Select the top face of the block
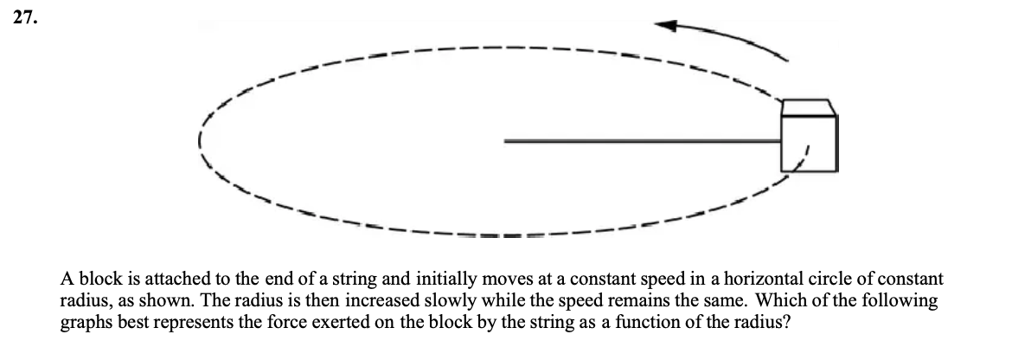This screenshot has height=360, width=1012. tap(808, 107)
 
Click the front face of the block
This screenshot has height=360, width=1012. tap(809, 143)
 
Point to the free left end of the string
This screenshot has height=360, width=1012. tap(506, 141)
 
